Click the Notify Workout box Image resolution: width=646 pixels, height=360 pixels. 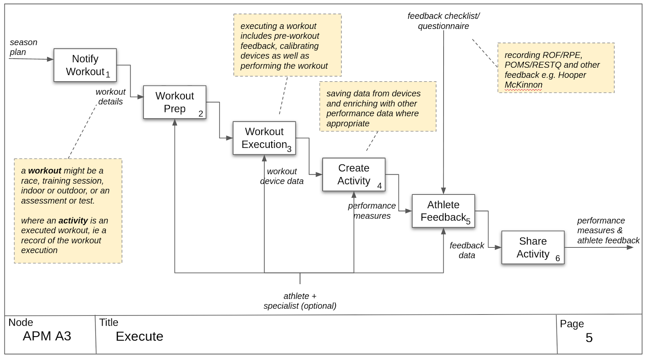pyautogui.click(x=85, y=65)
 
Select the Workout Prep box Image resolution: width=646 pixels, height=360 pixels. pyautogui.click(x=174, y=102)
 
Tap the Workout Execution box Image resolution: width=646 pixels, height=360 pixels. pyautogui.click(x=264, y=138)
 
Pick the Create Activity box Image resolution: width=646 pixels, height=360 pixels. pyautogui.click(x=354, y=175)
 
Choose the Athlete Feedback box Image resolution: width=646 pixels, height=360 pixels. pyautogui.click(x=443, y=211)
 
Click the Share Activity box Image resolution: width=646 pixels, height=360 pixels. pyautogui.click(x=533, y=247)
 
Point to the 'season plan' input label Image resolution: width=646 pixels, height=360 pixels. pyautogui.click(x=23, y=47)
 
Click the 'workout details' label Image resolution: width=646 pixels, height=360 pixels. pyautogui.click(x=110, y=97)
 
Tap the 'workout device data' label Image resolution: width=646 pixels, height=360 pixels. pyautogui.click(x=282, y=176)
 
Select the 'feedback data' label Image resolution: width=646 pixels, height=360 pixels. pyautogui.click(x=467, y=250)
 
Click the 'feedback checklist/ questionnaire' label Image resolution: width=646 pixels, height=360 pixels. pyautogui.click(x=443, y=21)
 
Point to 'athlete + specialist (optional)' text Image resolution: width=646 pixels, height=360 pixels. pyautogui.click(x=300, y=301)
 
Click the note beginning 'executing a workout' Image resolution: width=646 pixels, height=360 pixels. pyautogui.click(x=287, y=45)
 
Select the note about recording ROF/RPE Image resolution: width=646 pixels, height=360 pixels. pyautogui.click(x=556, y=68)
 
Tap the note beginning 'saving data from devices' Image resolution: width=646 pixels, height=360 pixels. pyautogui.click(x=378, y=107)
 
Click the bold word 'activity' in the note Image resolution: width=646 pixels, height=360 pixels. pyautogui.click(x=73, y=221)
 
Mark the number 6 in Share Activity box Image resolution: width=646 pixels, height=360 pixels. pyautogui.click(x=558, y=259)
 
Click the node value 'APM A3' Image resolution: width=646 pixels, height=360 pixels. pyautogui.click(x=47, y=336)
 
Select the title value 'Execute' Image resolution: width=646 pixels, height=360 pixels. pyautogui.click(x=139, y=337)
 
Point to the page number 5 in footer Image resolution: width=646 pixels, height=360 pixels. pyautogui.click(x=589, y=338)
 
